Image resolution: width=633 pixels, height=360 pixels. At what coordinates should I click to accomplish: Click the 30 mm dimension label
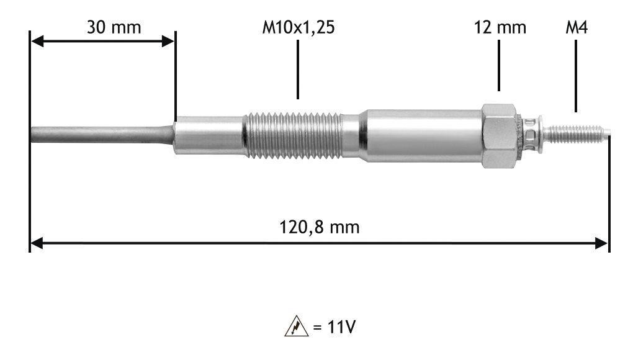[x=114, y=27]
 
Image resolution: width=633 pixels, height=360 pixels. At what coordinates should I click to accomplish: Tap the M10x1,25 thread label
[x=299, y=28]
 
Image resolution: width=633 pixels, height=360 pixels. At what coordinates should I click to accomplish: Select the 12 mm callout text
[x=500, y=27]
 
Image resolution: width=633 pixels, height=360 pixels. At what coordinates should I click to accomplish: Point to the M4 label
[x=577, y=27]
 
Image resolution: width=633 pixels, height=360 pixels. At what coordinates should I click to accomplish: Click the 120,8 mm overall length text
[x=320, y=227]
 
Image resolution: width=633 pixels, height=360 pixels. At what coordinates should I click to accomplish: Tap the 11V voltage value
[x=341, y=327]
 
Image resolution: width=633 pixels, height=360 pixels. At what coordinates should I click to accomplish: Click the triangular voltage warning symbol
[x=296, y=326]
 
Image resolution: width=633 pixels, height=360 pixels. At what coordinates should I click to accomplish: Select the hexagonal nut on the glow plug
[x=500, y=135]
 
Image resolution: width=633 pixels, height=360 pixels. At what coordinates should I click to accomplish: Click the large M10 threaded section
[x=293, y=135]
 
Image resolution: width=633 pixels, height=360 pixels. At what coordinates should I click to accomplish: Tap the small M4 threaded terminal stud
[x=576, y=134]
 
